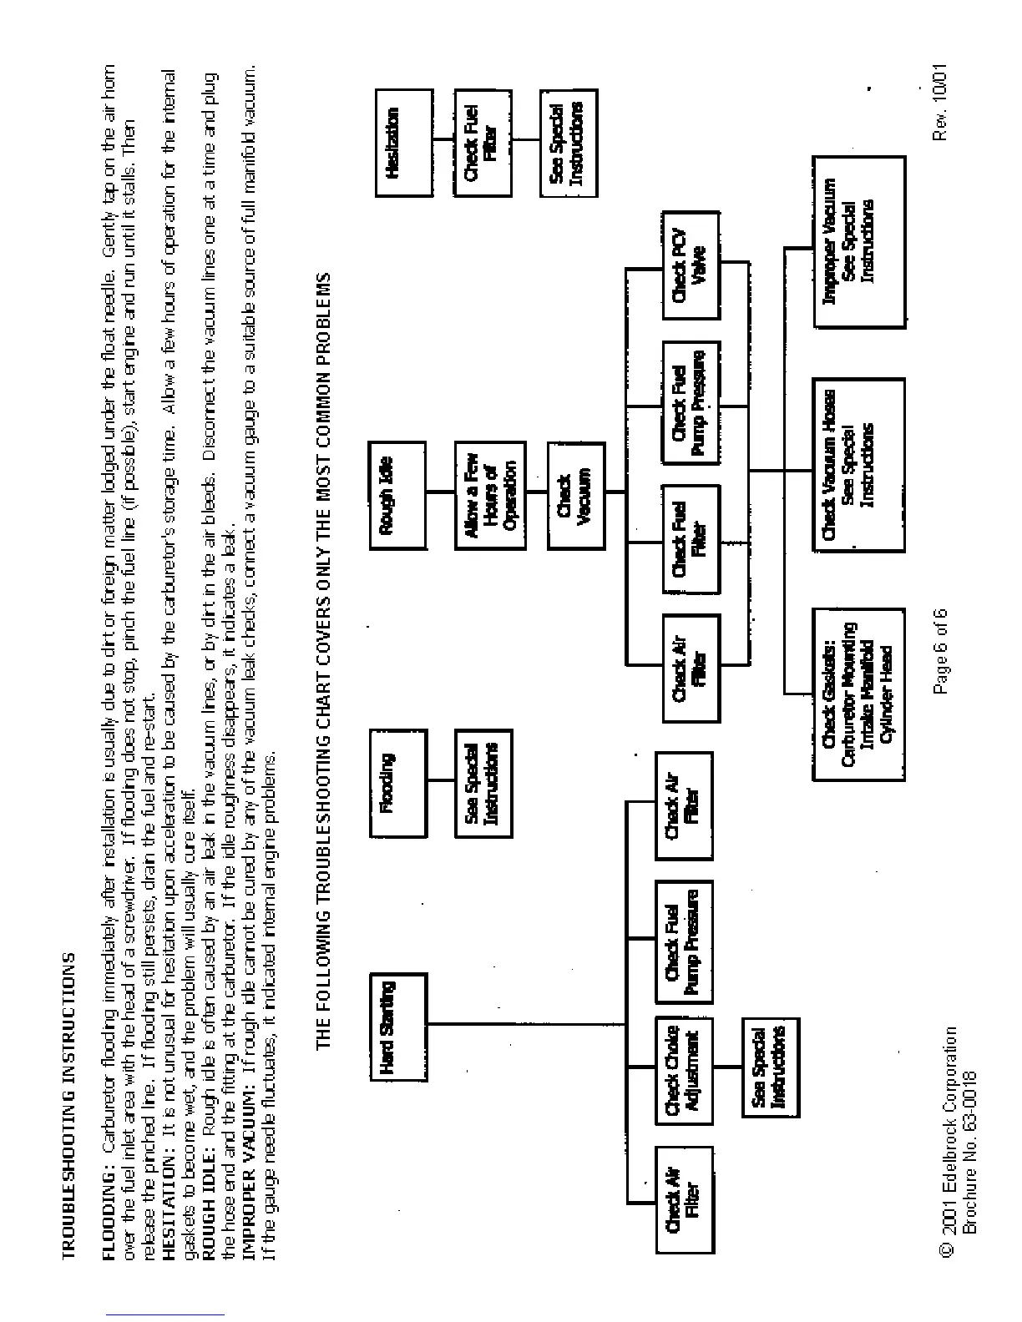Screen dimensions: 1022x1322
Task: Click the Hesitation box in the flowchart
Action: click(x=404, y=143)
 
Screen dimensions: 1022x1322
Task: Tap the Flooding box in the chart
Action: click(x=397, y=783)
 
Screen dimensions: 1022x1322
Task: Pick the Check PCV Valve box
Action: click(x=691, y=265)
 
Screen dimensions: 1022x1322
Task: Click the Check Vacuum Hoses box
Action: click(x=858, y=464)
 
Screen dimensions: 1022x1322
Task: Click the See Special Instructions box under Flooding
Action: click(x=483, y=783)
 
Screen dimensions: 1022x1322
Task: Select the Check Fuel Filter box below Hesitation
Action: click(x=482, y=143)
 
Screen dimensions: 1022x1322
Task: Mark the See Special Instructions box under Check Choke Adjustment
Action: click(x=772, y=1067)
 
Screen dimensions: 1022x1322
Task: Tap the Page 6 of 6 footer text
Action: click(x=941, y=653)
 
